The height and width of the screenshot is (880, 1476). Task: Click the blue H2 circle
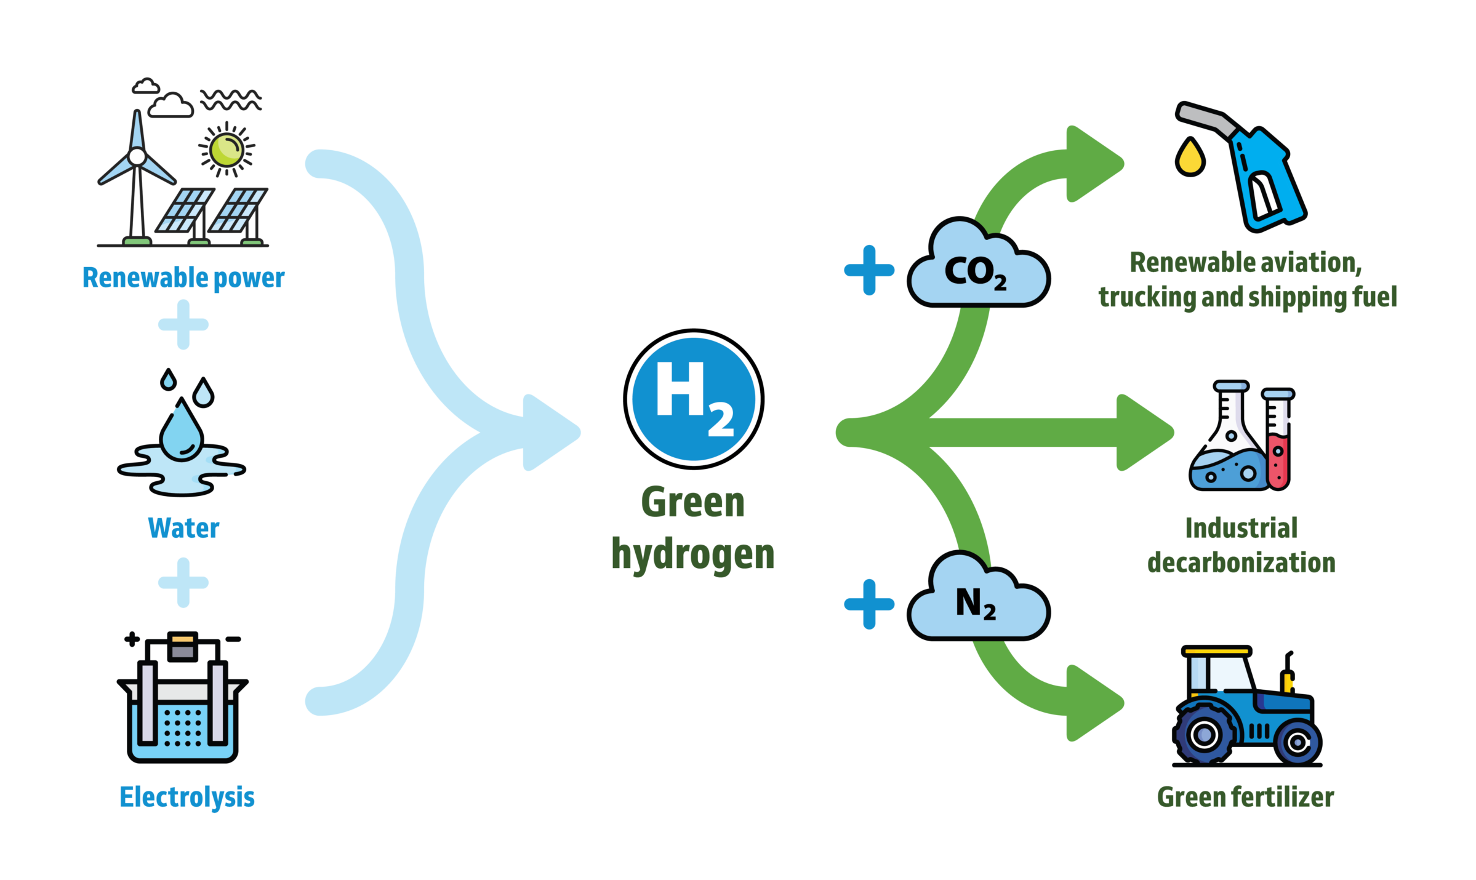tap(694, 399)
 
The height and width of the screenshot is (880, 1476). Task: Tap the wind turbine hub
tap(137, 156)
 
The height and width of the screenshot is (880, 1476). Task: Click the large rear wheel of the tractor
tap(1205, 734)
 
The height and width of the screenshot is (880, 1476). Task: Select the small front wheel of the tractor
tap(1297, 743)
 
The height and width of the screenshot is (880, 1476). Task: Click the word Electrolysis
tap(187, 797)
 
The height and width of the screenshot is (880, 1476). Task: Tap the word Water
tap(183, 528)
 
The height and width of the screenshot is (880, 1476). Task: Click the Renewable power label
tap(183, 278)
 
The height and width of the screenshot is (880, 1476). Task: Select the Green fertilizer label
tap(1245, 797)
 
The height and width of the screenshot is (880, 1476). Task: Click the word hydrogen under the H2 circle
tap(692, 554)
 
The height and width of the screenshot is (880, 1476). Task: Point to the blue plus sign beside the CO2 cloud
tap(869, 270)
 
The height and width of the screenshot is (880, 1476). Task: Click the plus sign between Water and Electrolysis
tap(183, 582)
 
